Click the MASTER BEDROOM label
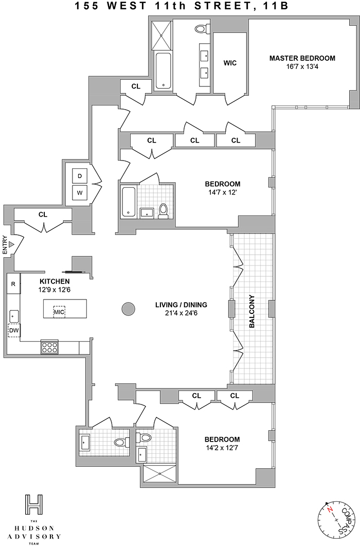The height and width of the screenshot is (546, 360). (x=302, y=58)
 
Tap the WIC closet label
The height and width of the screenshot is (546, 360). (x=229, y=63)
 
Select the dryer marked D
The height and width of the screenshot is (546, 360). (x=80, y=176)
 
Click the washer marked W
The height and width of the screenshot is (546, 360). (x=80, y=193)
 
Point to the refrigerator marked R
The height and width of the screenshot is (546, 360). (x=13, y=284)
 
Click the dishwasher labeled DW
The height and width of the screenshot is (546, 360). (x=14, y=330)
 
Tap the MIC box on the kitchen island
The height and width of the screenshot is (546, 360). (x=59, y=312)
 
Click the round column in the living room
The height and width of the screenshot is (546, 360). (x=128, y=309)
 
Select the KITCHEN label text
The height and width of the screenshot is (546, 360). (x=55, y=281)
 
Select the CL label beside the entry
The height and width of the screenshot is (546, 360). (x=43, y=214)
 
